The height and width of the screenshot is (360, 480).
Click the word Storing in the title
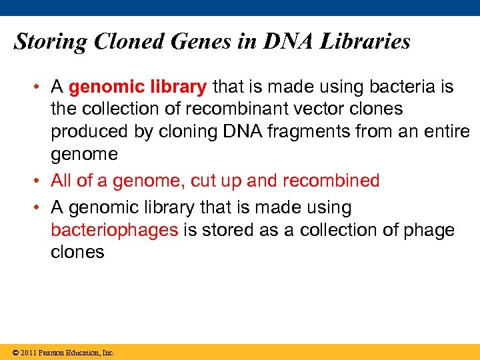51,42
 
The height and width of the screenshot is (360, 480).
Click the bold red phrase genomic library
138,87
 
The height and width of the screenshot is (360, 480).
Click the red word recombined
331,181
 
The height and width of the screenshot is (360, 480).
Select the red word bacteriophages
114,230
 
